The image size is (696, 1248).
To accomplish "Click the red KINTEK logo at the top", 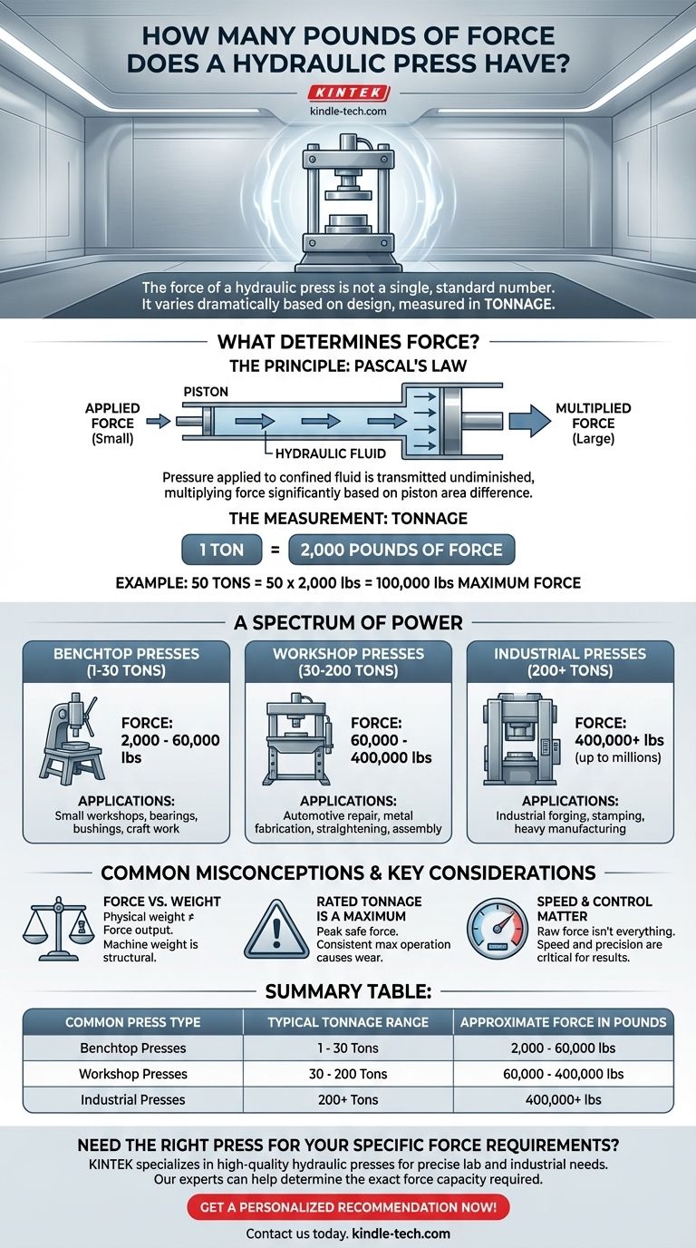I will (348, 93).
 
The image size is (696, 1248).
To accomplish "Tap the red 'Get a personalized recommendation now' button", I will (348, 1207).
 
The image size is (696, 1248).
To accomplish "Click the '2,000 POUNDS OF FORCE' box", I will (401, 550).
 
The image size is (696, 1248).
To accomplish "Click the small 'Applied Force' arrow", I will (156, 421).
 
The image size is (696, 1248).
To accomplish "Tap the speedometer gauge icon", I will (498, 930).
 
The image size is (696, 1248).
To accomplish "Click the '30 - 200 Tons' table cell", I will (348, 1074).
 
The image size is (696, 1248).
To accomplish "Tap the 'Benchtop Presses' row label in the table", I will (133, 1048).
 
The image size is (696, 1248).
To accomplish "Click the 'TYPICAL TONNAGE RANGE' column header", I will (348, 1022).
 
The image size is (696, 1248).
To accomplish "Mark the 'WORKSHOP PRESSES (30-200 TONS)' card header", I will (348, 663).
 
